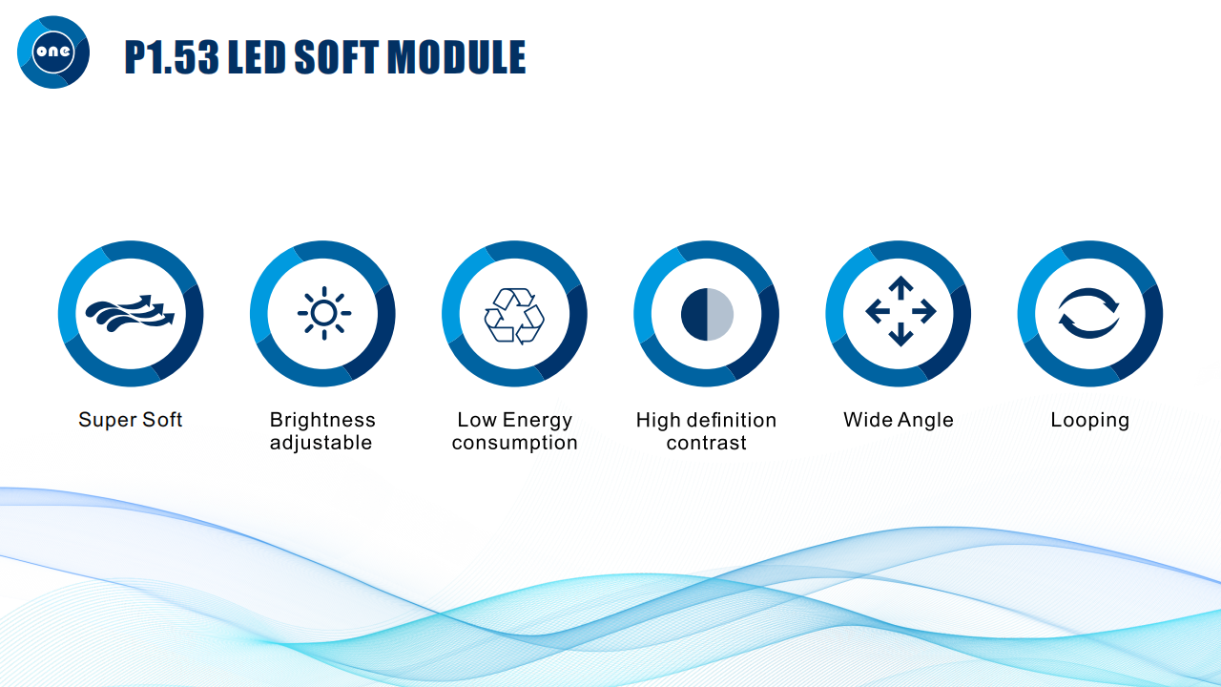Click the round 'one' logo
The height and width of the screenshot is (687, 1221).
[53, 52]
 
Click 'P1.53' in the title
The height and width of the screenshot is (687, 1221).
[172, 56]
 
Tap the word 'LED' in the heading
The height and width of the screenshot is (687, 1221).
[257, 56]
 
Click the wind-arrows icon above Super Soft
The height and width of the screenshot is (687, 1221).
[130, 314]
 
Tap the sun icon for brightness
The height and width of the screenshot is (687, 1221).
[324, 313]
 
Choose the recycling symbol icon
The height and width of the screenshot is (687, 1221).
[514, 316]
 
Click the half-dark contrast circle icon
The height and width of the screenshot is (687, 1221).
[707, 315]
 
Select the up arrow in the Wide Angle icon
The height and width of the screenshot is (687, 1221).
[900, 288]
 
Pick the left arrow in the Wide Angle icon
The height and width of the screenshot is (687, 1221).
[878, 311]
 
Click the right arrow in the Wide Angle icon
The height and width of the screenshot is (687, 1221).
[924, 311]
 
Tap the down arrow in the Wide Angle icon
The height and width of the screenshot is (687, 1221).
[900, 334]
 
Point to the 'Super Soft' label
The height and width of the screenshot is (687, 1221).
[130, 420]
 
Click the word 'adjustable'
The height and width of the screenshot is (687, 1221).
[321, 443]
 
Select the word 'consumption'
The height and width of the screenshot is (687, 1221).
[514, 443]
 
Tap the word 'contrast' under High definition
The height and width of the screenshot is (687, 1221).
[707, 443]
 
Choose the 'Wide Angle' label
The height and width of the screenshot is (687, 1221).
[899, 420]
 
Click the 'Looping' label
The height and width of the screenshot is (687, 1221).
[1090, 421]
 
